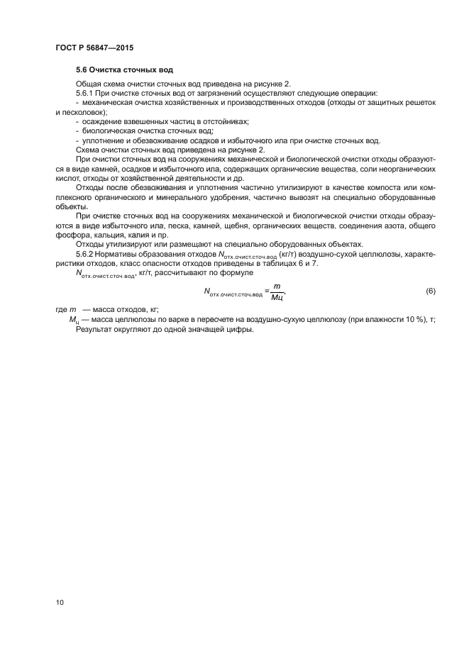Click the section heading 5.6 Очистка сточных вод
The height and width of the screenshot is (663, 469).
tap(124, 71)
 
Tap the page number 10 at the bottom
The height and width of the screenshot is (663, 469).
tap(60, 603)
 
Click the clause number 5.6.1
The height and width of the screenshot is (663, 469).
tap(85, 94)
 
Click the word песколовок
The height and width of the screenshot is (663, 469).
tap(82, 112)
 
